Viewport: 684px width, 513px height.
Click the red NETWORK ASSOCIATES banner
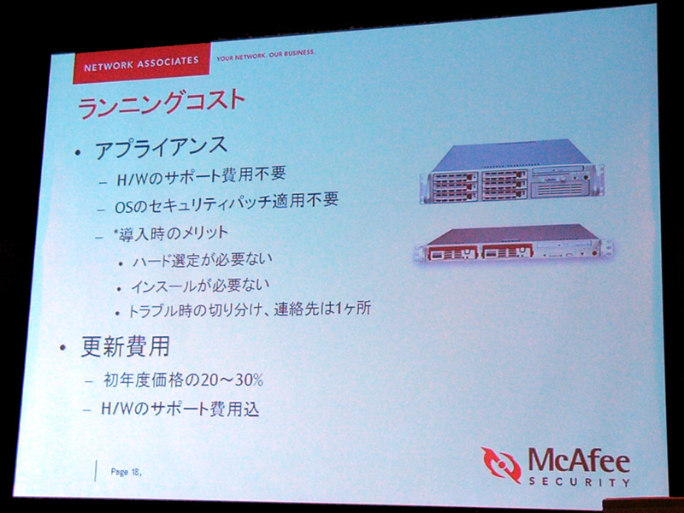point(142,63)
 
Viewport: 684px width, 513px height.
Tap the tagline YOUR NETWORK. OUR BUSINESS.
point(266,55)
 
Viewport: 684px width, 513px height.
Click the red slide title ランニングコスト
point(161,103)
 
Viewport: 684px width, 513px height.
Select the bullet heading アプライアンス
point(162,147)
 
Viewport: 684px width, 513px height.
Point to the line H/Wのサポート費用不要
point(201,176)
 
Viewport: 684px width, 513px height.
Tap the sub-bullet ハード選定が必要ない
point(203,261)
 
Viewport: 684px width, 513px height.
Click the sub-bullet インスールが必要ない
point(201,286)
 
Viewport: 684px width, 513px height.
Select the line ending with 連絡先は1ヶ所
point(250,310)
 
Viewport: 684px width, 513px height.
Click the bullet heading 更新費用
point(126,347)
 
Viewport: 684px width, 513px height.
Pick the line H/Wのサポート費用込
point(180,409)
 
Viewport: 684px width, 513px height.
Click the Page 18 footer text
point(127,472)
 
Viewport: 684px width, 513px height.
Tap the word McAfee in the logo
point(580,462)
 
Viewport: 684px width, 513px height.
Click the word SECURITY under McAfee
point(580,482)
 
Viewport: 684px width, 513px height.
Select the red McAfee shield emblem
point(502,464)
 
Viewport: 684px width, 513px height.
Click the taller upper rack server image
point(511,172)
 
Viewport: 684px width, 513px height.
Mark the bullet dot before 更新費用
point(63,348)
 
